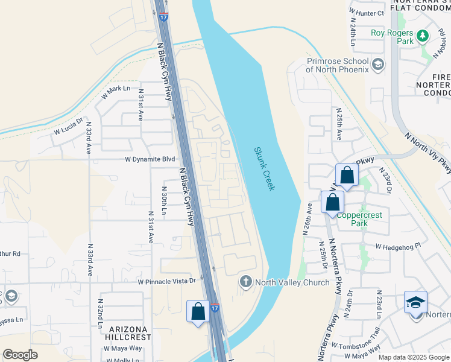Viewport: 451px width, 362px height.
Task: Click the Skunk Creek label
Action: pyautogui.click(x=264, y=169)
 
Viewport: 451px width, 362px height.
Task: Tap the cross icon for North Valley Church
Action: pyautogui.click(x=245, y=282)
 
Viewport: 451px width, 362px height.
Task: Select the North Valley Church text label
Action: pyautogui.click(x=292, y=282)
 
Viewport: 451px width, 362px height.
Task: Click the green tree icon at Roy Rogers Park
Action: pyautogui.click(x=423, y=37)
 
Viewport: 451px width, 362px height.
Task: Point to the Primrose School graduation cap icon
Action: pyautogui.click(x=378, y=65)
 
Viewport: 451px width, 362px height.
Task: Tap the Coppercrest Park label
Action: pyautogui.click(x=360, y=218)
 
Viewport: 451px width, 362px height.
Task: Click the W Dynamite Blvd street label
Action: pyautogui.click(x=150, y=159)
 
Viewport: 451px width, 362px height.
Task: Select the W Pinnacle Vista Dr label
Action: pyautogui.click(x=167, y=281)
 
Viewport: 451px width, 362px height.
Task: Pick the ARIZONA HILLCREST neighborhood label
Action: pyautogui.click(x=130, y=332)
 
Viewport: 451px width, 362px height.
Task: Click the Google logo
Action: pyautogui.click(x=20, y=355)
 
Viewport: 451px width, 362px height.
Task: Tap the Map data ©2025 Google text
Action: pyautogui.click(x=414, y=357)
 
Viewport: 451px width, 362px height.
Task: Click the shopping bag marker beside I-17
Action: pyautogui.click(x=198, y=312)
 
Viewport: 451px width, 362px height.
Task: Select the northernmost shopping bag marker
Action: pyautogui.click(x=347, y=176)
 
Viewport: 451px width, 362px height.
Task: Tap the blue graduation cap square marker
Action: pyautogui.click(x=415, y=302)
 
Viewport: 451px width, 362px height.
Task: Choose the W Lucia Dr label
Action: pyautogui.click(x=67, y=127)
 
